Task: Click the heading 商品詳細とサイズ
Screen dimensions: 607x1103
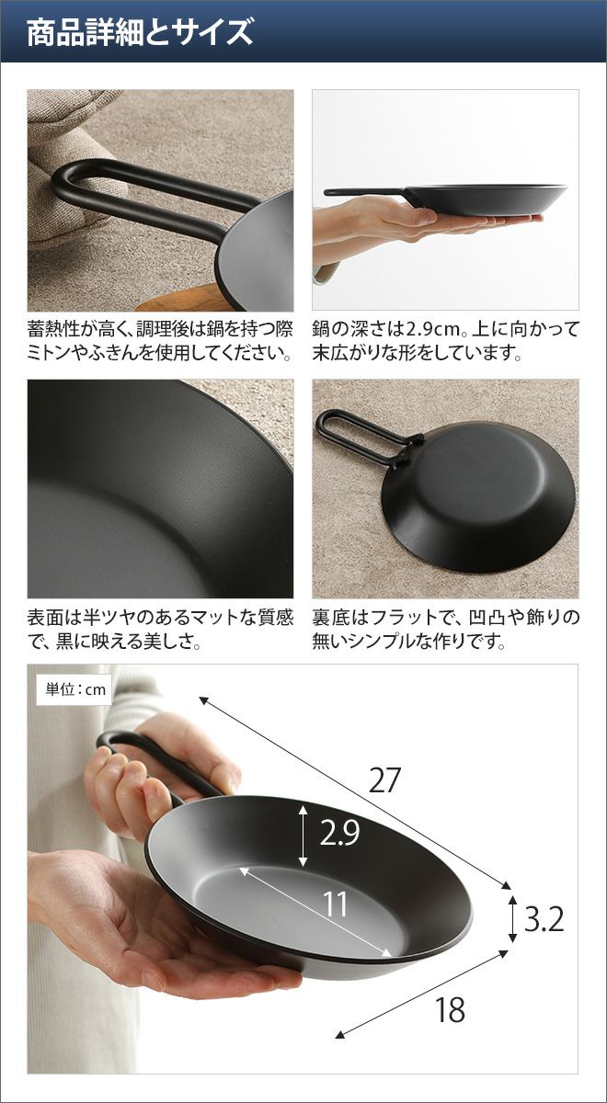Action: coord(140,33)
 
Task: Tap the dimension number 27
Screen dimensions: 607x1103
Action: coord(384,780)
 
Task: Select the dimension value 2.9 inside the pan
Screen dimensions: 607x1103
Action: coord(340,833)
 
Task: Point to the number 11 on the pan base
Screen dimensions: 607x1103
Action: coord(336,904)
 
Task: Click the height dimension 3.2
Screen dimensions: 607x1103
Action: coord(544,919)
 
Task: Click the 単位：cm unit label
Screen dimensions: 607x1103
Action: coord(75,689)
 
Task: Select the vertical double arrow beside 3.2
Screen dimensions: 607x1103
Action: coord(512,919)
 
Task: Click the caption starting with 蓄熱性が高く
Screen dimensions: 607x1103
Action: coord(160,341)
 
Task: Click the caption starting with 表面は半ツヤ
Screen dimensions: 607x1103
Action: coord(160,630)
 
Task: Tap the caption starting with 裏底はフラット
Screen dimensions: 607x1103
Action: coord(445,630)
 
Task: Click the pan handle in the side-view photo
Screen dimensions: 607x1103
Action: coord(364,192)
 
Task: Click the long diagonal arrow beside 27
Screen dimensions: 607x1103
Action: coord(355,793)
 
